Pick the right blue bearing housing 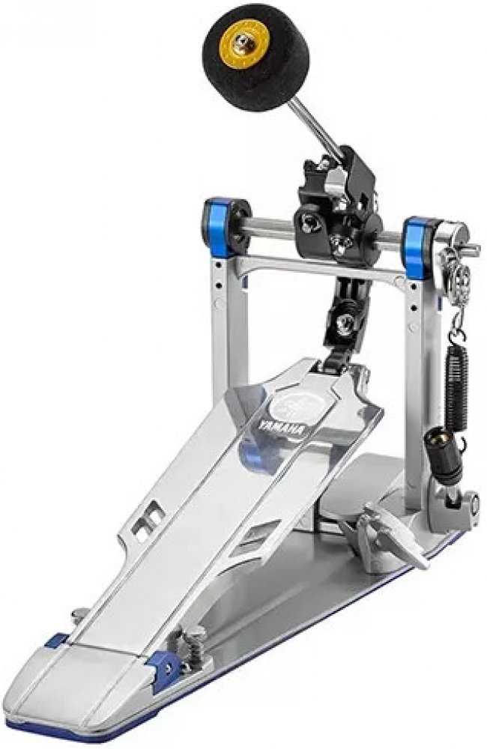(x=420, y=246)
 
